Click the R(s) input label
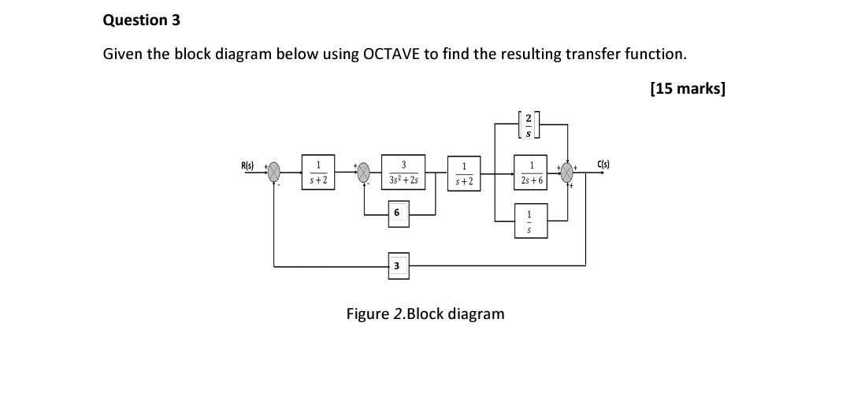click(247, 165)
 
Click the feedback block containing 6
click(397, 213)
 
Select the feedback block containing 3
click(397, 266)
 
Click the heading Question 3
click(141, 20)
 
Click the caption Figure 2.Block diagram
click(425, 314)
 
